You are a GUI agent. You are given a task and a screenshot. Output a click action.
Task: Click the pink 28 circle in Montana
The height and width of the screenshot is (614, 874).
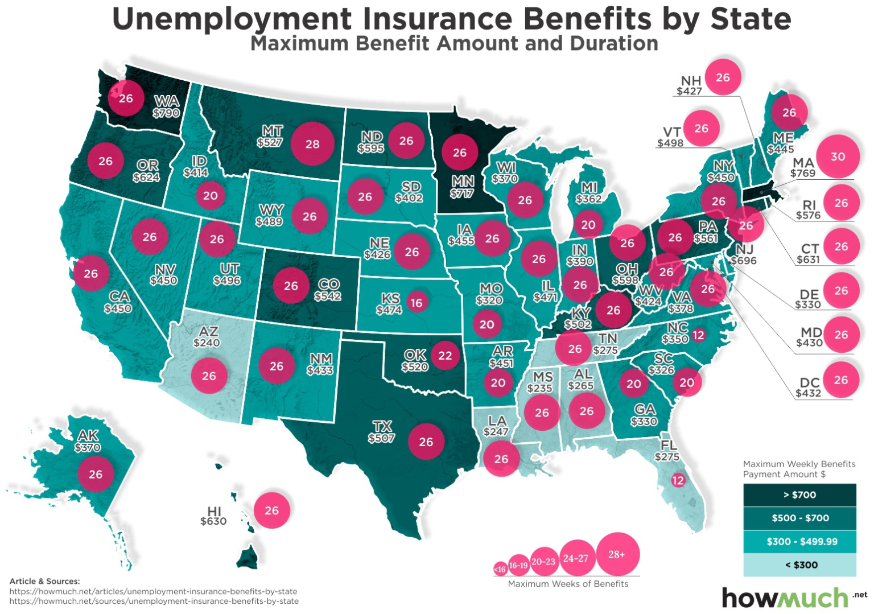(312, 144)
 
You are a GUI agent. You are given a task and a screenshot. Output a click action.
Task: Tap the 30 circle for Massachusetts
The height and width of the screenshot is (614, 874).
(838, 156)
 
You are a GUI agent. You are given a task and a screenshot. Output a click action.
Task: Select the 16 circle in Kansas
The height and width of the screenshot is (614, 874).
(417, 303)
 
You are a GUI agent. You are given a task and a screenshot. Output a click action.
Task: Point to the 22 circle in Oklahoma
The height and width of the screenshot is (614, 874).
(445, 356)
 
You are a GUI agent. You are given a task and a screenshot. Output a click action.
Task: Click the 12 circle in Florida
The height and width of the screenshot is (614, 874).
(678, 480)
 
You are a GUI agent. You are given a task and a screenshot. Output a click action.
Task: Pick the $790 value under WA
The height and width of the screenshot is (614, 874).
(166, 113)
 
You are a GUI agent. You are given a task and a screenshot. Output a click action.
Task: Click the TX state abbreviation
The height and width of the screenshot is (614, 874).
(382, 427)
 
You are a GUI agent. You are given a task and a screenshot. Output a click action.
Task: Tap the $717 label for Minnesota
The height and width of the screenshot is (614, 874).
(462, 193)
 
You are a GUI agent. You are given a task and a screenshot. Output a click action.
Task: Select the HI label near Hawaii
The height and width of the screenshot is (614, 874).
(214, 511)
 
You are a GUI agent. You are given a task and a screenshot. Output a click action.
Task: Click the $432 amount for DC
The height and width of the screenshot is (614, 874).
(808, 393)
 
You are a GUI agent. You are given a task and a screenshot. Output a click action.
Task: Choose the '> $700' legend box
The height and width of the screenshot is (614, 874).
(799, 495)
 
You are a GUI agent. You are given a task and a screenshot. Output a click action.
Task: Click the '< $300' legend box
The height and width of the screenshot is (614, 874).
(799, 565)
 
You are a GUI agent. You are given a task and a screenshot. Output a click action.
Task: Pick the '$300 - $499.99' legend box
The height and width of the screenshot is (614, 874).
(799, 542)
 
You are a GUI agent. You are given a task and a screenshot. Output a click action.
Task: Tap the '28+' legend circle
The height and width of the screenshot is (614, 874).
(617, 554)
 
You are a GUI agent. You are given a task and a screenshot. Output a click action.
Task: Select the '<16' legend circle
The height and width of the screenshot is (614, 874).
(500, 568)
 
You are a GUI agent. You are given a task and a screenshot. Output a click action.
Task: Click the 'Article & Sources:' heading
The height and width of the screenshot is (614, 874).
(44, 581)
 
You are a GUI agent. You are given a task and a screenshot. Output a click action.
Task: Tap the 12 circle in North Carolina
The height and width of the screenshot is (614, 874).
(698, 336)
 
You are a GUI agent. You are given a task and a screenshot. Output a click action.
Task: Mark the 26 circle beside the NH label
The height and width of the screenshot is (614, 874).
(723, 77)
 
